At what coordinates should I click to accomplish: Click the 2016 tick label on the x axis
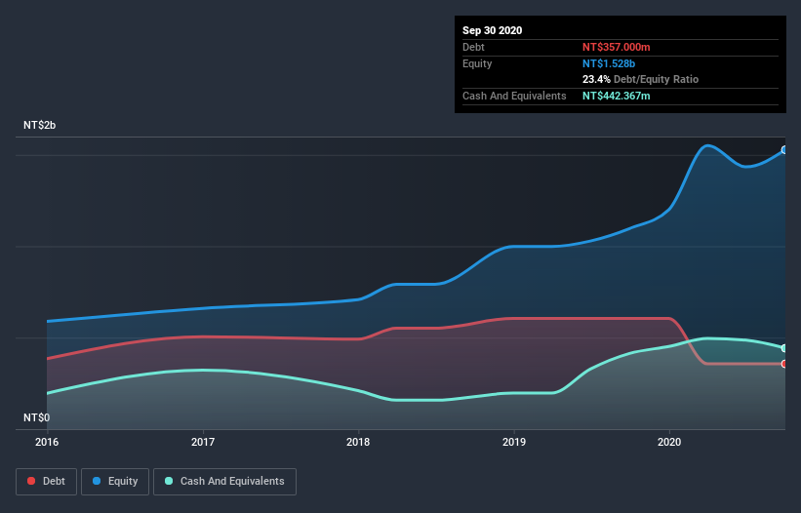pyautogui.click(x=47, y=442)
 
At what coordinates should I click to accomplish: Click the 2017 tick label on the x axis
pyautogui.click(x=203, y=442)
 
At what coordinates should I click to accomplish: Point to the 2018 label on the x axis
pyautogui.click(x=358, y=442)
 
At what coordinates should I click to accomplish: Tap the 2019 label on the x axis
pyautogui.click(x=514, y=442)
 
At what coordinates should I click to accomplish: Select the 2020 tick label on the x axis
pyautogui.click(x=669, y=442)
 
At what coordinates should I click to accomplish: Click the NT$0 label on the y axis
pyautogui.click(x=38, y=417)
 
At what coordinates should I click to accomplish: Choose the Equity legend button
pyautogui.click(x=115, y=481)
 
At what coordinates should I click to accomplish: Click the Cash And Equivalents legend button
pyautogui.click(x=224, y=481)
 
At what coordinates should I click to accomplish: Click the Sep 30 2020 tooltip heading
pyautogui.click(x=493, y=30)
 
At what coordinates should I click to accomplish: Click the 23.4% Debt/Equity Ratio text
pyautogui.click(x=640, y=79)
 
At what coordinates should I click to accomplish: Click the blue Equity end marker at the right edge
pyautogui.click(x=783, y=150)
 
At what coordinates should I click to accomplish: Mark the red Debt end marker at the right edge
pyautogui.click(x=783, y=364)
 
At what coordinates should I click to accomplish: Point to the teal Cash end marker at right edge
pyautogui.click(x=783, y=348)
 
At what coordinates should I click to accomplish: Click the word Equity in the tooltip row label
pyautogui.click(x=478, y=63)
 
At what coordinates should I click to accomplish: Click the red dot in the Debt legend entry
pyautogui.click(x=32, y=481)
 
